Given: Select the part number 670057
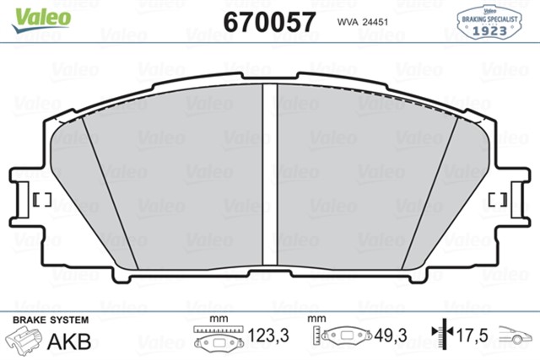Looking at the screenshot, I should pos(270,20).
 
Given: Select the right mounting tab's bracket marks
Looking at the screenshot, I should pos(499,200).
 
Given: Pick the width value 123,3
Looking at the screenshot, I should pos(269,336).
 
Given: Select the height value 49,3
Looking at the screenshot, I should pos(390,336).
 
